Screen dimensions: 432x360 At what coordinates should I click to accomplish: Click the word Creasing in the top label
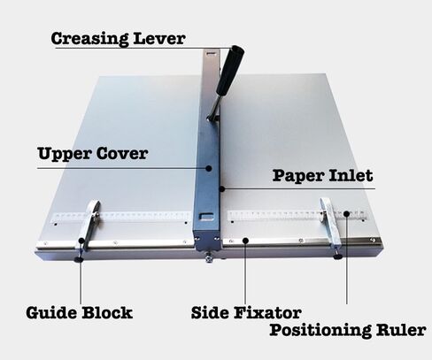click(89, 39)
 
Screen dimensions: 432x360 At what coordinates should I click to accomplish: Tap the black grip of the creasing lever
click(230, 70)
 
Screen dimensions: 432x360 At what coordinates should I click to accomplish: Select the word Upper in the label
click(65, 154)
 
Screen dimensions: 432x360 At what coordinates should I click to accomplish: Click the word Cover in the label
click(122, 153)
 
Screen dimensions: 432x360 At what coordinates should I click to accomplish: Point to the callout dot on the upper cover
click(209, 168)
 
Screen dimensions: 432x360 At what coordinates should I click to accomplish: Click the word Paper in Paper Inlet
click(298, 176)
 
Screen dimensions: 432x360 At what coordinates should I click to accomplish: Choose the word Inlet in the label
click(351, 175)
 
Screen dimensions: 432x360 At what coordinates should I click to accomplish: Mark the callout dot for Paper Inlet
click(222, 188)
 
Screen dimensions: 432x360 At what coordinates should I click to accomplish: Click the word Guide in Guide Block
click(51, 313)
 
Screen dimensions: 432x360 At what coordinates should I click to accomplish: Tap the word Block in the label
click(107, 313)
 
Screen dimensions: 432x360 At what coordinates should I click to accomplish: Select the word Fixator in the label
click(267, 313)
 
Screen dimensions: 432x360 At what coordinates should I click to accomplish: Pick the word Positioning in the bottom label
click(320, 330)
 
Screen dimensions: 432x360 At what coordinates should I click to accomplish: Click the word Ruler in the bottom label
click(401, 330)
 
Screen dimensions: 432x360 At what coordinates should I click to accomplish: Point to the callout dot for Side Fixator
click(245, 241)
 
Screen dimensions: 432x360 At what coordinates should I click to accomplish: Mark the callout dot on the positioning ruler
click(347, 213)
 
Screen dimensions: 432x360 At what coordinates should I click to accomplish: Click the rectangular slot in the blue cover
click(206, 217)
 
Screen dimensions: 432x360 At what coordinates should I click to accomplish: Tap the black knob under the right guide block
click(337, 257)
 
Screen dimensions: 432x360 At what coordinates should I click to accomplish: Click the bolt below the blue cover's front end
click(209, 258)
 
